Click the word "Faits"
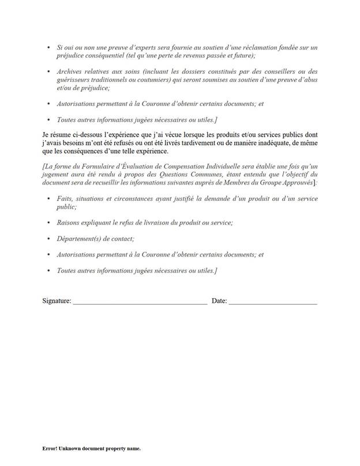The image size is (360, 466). point(65,198)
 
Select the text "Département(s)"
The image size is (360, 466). point(80,238)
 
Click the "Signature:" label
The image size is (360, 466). point(57,301)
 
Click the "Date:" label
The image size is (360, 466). point(220,301)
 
